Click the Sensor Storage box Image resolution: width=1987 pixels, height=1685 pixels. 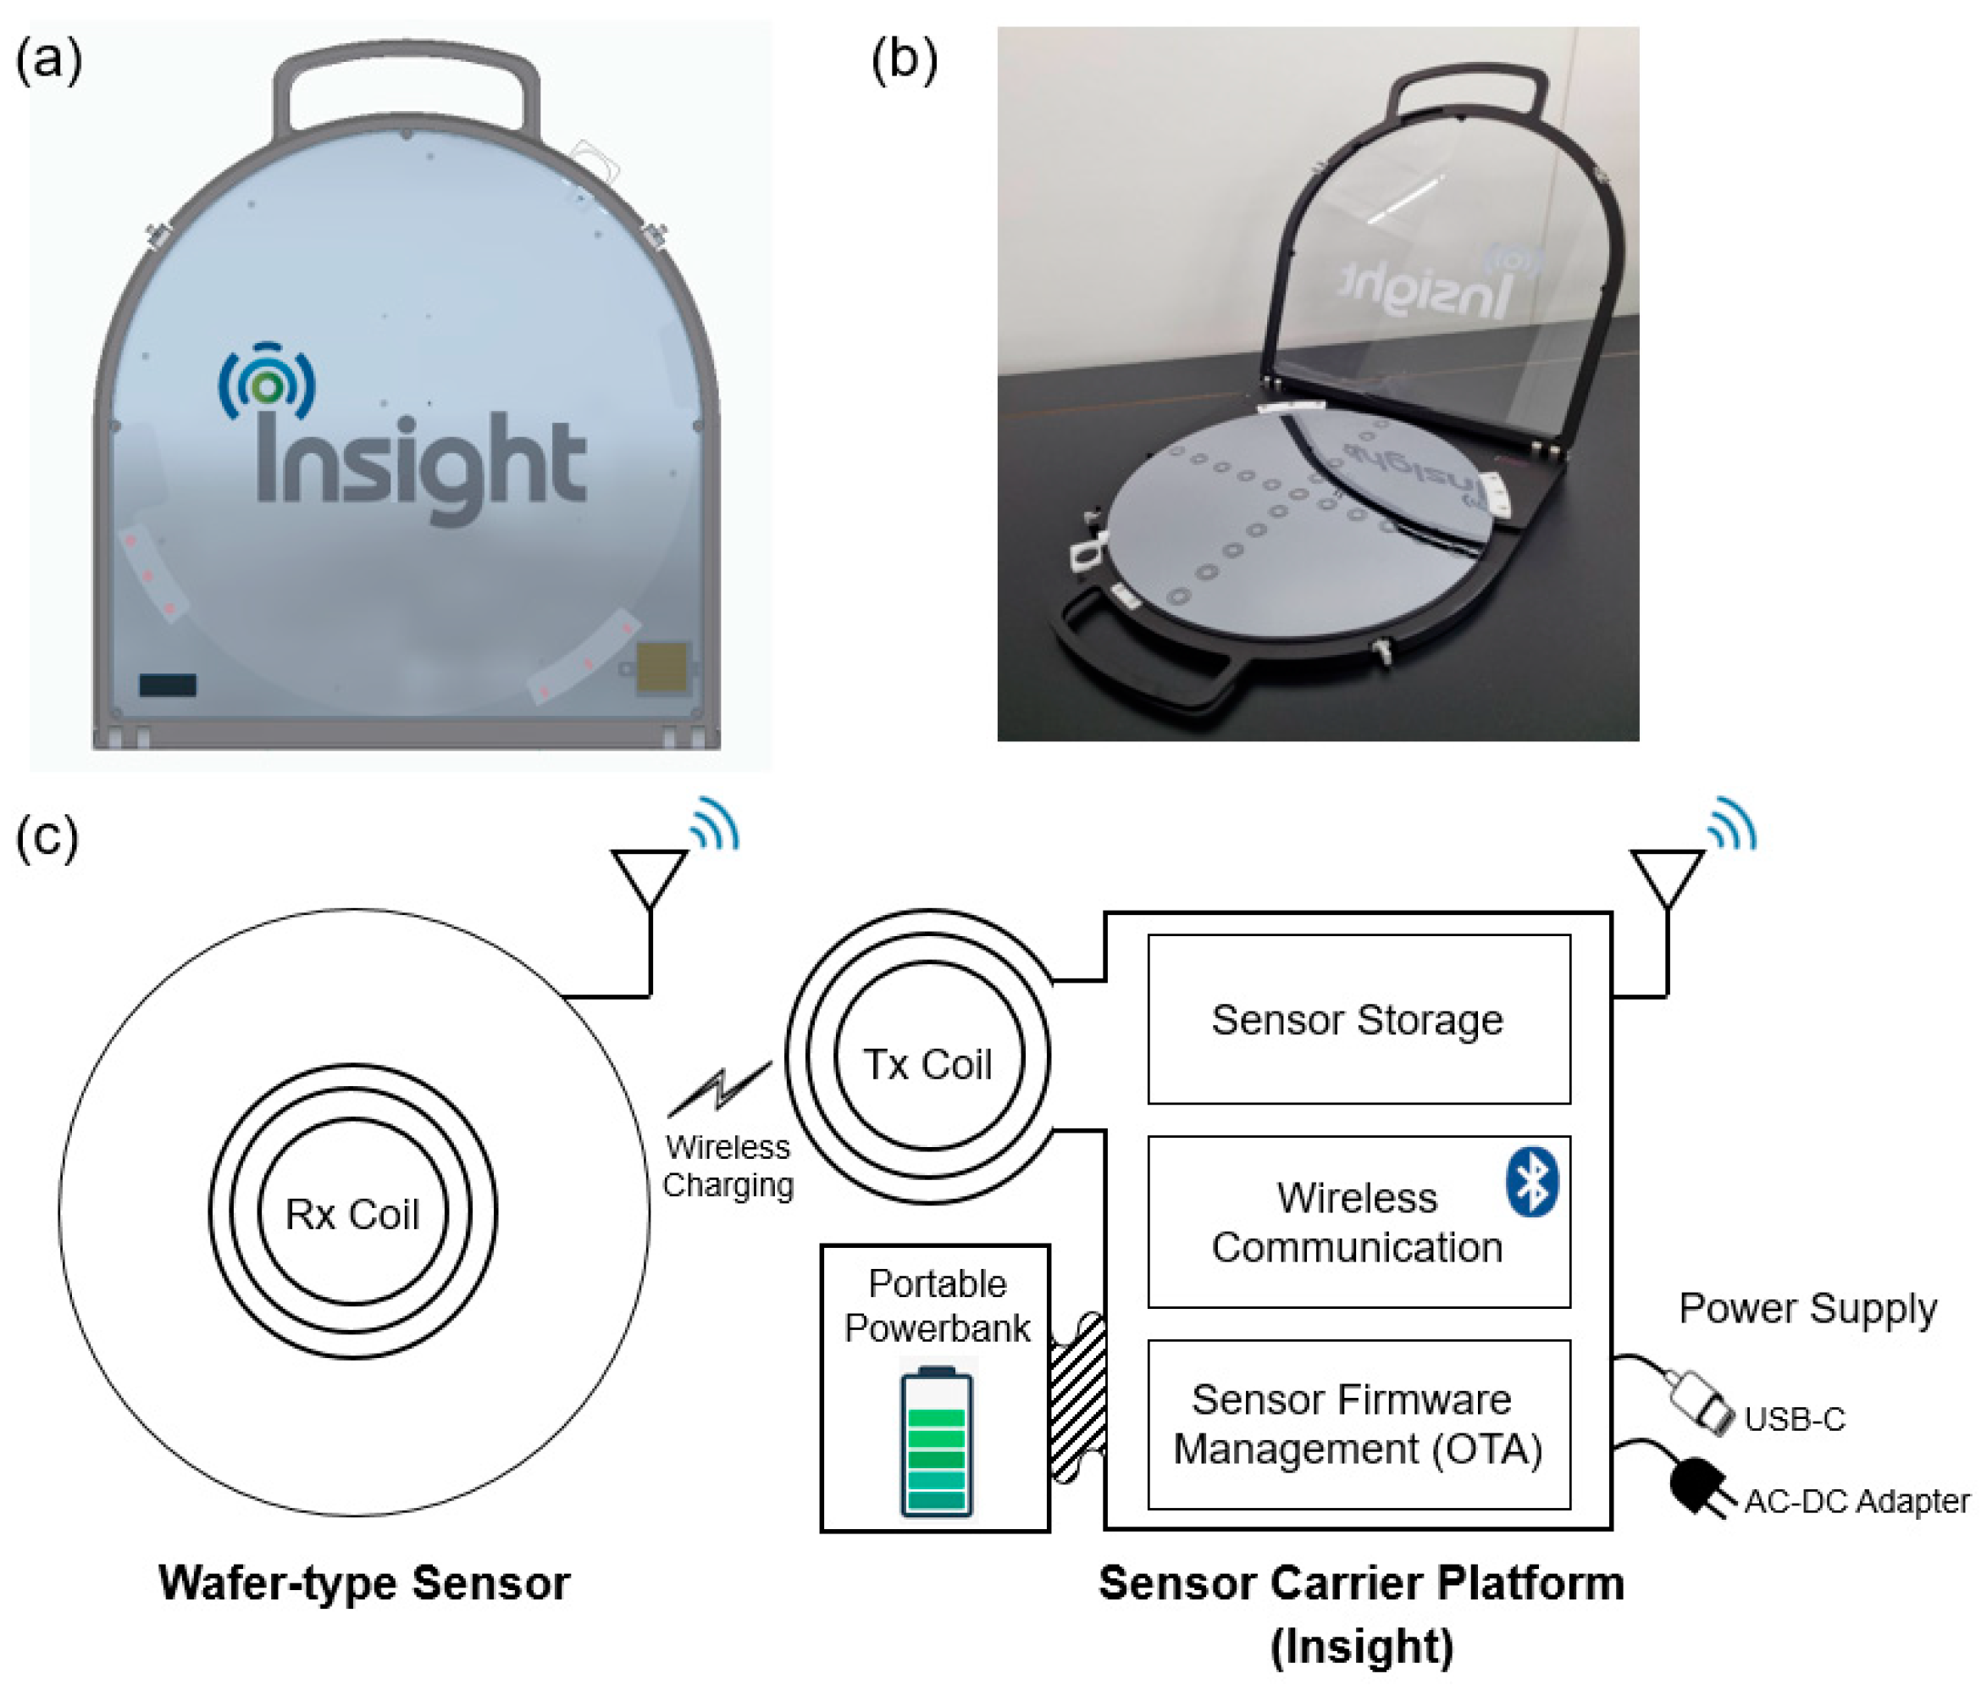coord(1358,1018)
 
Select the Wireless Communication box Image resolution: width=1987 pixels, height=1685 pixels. coord(1358,1222)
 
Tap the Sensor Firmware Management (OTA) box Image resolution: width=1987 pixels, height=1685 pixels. coord(1358,1424)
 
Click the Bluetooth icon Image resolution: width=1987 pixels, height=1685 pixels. coord(1531,1182)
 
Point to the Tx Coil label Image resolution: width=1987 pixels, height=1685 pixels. coord(927,1064)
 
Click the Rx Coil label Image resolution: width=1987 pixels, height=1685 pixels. coord(352,1214)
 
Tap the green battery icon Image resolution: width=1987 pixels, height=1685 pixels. coord(937,1443)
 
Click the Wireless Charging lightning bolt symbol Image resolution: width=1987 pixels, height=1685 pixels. coord(721,1088)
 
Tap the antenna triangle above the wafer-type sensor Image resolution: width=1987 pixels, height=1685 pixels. coord(650,875)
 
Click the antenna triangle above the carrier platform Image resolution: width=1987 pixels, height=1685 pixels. coord(1667,875)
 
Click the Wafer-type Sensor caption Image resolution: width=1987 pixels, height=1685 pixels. coord(364,1582)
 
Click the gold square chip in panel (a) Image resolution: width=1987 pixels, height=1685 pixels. coord(662,666)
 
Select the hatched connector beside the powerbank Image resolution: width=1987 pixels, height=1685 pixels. coord(1078,1398)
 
